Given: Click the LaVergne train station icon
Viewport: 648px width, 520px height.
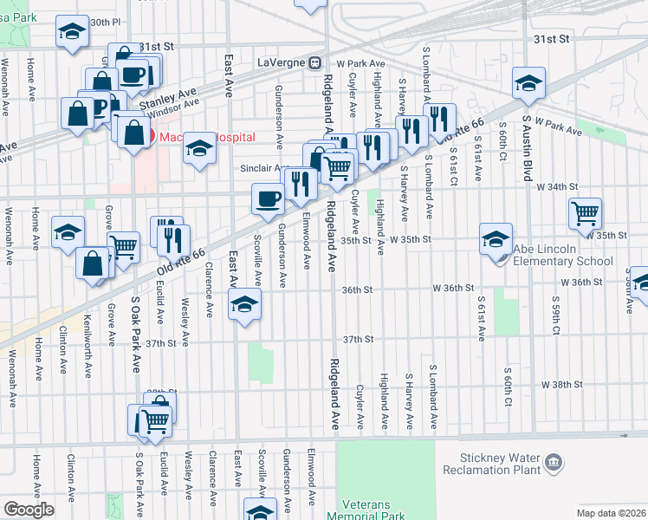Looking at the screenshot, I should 316,62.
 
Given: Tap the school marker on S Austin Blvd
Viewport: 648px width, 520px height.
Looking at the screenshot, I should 528,83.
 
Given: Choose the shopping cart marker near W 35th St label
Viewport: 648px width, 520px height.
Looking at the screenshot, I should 586,212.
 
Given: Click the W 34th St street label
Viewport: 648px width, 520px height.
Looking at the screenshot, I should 557,186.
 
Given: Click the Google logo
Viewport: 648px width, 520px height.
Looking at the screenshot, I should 29,510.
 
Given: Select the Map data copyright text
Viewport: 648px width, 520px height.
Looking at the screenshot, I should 610,513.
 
